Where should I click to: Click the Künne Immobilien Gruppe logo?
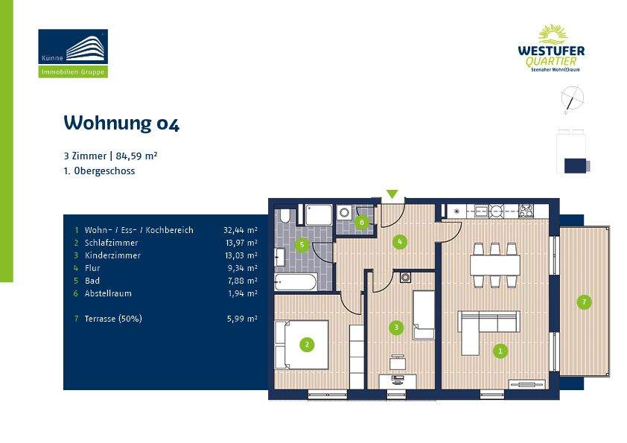tap(73, 53)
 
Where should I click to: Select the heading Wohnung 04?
tap(121, 123)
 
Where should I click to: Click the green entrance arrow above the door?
tap(392, 194)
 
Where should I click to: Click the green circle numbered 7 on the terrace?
tap(585, 302)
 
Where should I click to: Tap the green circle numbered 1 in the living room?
tap(501, 351)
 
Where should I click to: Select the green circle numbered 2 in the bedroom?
tap(305, 344)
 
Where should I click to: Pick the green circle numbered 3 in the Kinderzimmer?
tap(396, 327)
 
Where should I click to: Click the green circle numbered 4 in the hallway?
tap(400, 241)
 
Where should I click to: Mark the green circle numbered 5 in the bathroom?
tap(302, 244)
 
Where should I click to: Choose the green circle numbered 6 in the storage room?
tap(362, 222)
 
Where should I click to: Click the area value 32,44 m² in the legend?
tap(241, 230)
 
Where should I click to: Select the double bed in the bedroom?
tap(302, 345)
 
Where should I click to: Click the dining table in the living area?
tap(494, 264)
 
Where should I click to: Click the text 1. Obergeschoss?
tap(99, 170)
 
